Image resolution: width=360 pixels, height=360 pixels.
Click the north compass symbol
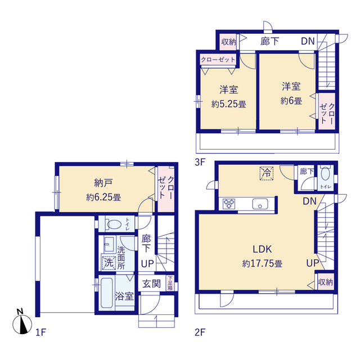pyautogui.click(x=21, y=322)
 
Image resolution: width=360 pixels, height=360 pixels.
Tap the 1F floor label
pyautogui.click(x=39, y=332)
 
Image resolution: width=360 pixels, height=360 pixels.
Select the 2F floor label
pyautogui.click(x=200, y=332)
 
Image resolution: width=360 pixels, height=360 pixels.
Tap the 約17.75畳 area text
pyautogui.click(x=262, y=263)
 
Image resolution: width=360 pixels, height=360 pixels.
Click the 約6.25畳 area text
pyautogui.click(x=103, y=197)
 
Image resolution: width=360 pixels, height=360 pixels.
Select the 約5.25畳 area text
pyautogui.click(x=228, y=104)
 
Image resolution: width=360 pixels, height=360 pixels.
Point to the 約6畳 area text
pyautogui.click(x=291, y=101)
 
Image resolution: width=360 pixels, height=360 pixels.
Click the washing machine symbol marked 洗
pyautogui.click(x=108, y=262)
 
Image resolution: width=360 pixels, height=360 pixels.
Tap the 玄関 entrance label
pyautogui.click(x=151, y=283)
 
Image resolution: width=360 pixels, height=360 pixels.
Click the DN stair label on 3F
pyautogui.click(x=307, y=41)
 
